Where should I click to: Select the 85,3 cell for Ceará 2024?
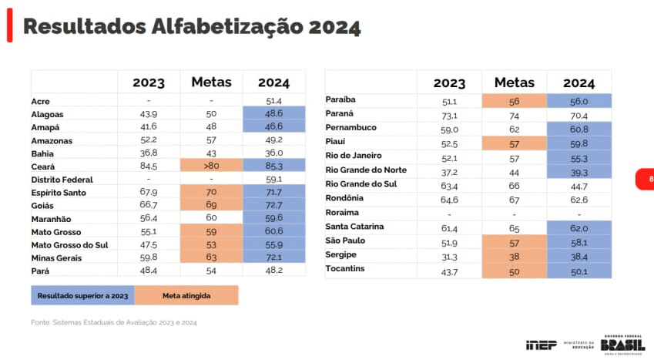[x=273, y=166]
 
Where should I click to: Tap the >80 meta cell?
[x=211, y=166]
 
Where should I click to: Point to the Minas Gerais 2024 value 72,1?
[x=273, y=257]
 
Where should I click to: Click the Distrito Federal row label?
[x=62, y=180]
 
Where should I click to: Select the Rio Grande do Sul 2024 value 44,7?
[x=579, y=184]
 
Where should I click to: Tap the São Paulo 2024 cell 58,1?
[x=579, y=241]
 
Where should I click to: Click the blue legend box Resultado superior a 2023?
[x=82, y=295]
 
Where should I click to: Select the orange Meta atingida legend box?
[x=186, y=295]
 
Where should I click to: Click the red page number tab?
[x=646, y=180]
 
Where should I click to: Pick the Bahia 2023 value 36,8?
[x=148, y=153]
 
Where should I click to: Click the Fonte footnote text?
[x=114, y=322]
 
